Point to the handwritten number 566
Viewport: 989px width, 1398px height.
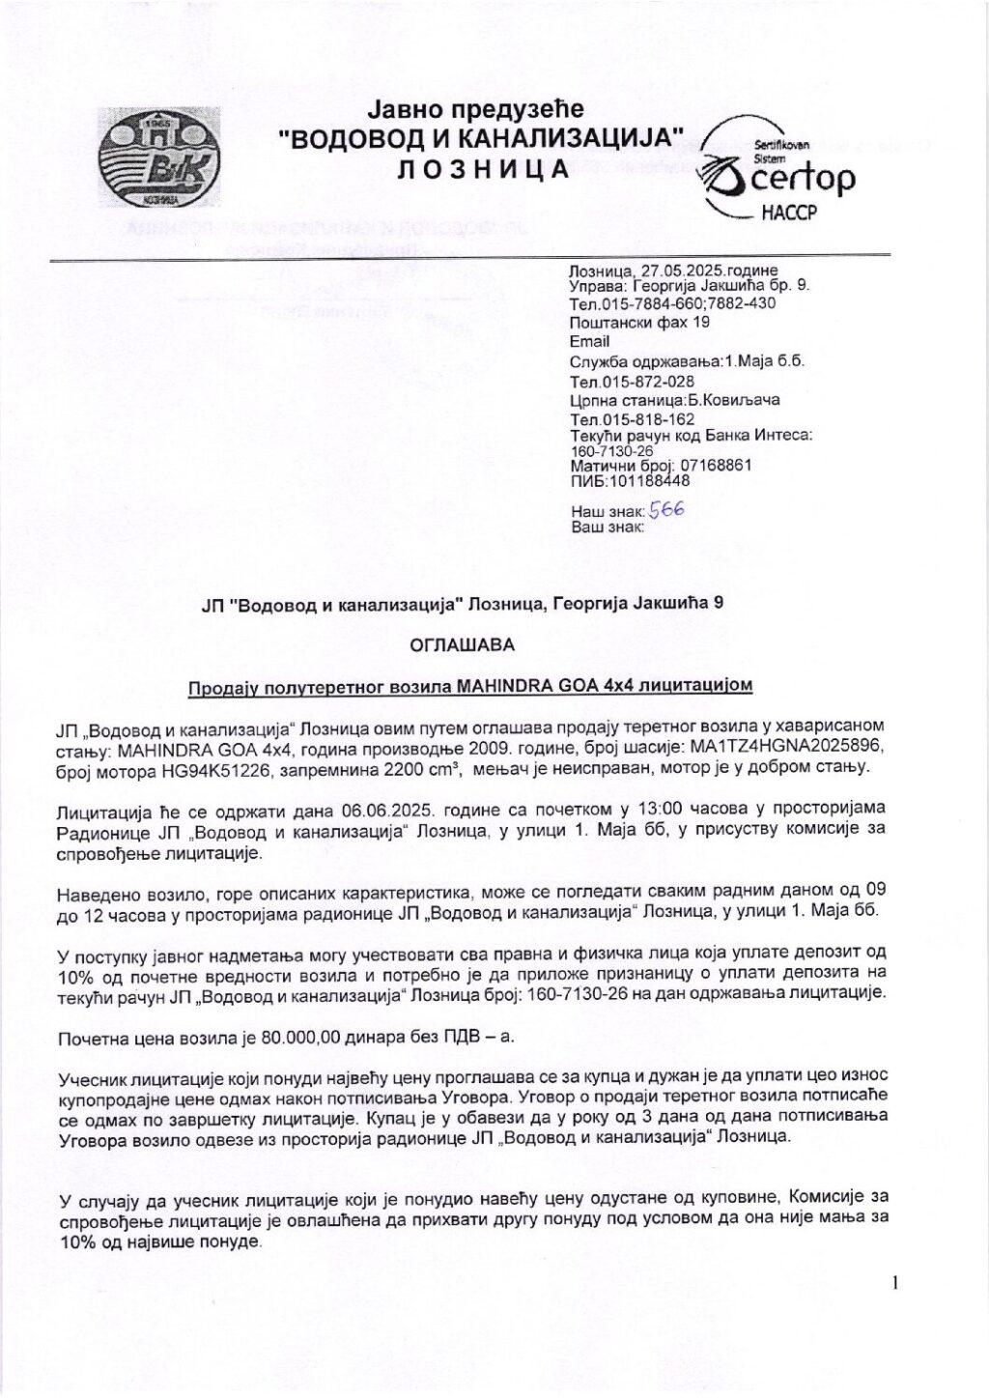tap(665, 508)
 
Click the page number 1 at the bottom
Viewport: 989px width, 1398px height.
tap(895, 1283)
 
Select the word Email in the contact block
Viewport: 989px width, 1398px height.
tap(589, 342)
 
